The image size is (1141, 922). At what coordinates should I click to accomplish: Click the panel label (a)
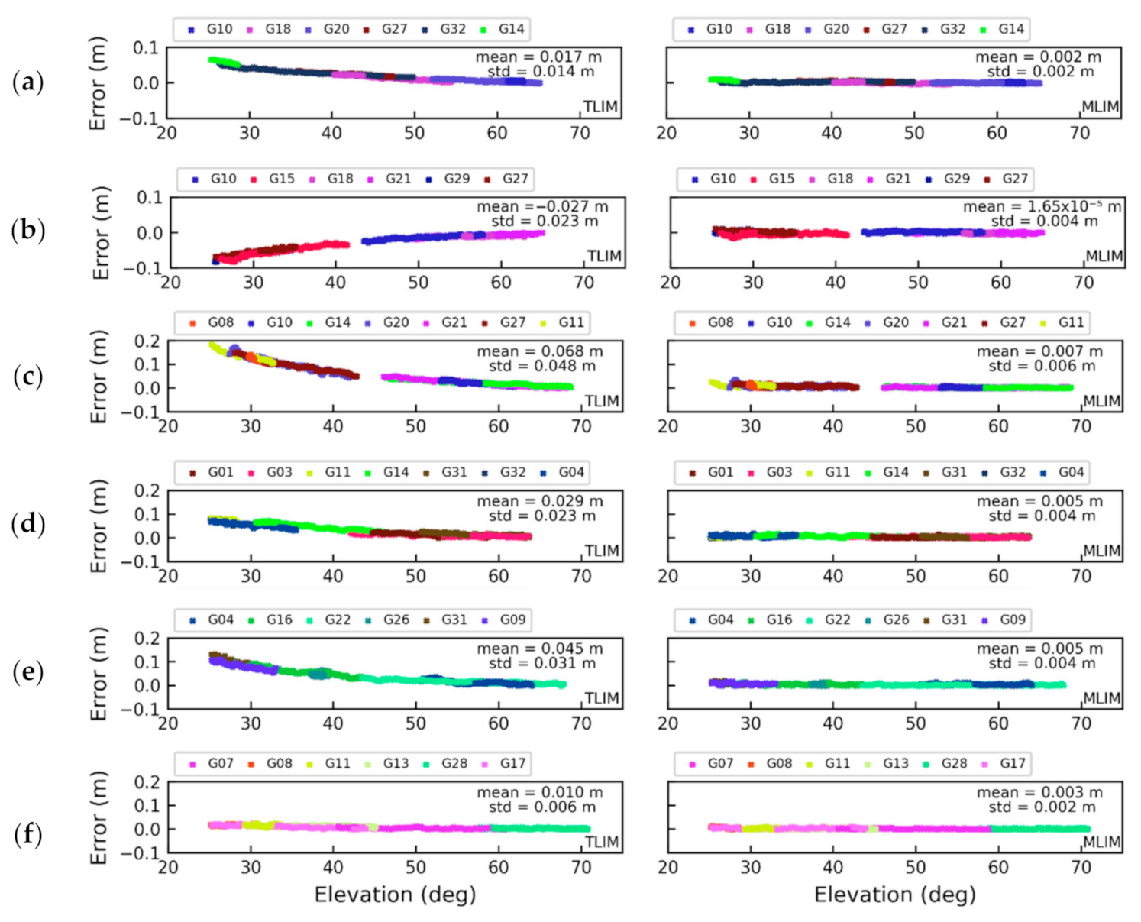click(28, 82)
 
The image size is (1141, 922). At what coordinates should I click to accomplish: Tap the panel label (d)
click(28, 523)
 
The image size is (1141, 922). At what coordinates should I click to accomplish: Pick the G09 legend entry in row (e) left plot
click(505, 620)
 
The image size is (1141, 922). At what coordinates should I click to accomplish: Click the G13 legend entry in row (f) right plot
click(888, 763)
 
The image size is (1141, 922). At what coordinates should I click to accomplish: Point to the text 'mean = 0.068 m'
click(539, 351)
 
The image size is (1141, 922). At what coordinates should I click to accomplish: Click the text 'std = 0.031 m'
click(542, 663)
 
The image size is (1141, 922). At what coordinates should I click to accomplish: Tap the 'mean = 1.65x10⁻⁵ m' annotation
click(1042, 206)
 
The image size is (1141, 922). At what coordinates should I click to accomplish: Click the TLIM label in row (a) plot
click(600, 107)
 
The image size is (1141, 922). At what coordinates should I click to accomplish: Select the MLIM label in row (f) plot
click(1101, 842)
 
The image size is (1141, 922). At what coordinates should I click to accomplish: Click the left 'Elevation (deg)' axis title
click(395, 895)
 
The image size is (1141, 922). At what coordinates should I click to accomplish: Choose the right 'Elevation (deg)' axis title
click(894, 895)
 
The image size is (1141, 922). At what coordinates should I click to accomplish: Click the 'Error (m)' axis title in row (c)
click(99, 377)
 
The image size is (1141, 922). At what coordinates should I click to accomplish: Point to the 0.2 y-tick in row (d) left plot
click(147, 490)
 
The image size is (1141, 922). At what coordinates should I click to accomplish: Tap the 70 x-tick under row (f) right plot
click(1081, 867)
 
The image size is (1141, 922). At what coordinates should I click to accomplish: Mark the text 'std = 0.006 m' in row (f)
click(542, 807)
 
